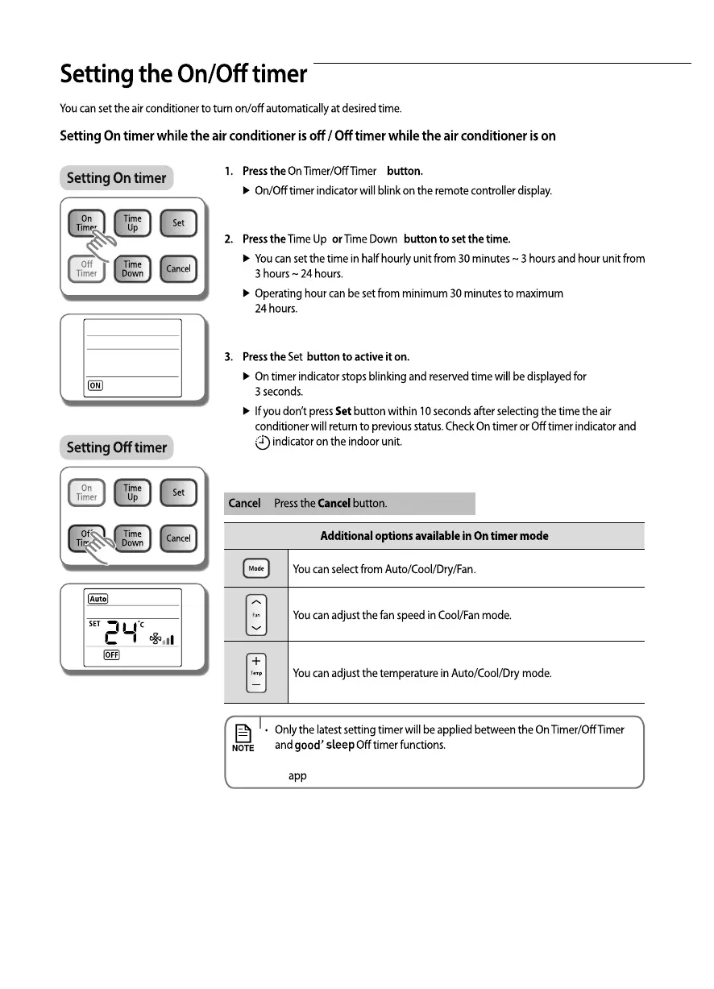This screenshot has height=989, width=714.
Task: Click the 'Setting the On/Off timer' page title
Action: tap(184, 75)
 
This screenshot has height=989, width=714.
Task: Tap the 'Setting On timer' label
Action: tap(116, 178)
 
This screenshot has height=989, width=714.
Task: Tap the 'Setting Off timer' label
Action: tap(116, 447)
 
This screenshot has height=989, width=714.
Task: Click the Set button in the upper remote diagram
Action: tap(178, 223)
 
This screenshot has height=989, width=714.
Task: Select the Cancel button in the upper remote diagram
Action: tap(178, 268)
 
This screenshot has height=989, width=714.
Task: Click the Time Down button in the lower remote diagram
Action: tap(132, 538)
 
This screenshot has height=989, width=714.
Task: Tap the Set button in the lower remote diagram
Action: tap(178, 492)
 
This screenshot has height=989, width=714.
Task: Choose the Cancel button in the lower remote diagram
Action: tap(178, 538)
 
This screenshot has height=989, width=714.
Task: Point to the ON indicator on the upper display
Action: tap(95, 385)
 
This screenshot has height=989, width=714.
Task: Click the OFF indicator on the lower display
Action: tap(111, 654)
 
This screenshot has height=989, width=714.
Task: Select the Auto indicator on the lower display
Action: tap(98, 599)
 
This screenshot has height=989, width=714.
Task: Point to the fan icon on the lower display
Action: tap(156, 639)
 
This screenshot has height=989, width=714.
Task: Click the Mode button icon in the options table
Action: tap(256, 568)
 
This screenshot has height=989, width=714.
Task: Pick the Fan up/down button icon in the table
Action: tap(256, 614)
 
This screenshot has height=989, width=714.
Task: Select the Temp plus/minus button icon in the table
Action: tap(256, 672)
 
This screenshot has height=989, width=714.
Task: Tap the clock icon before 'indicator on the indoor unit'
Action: tap(263, 442)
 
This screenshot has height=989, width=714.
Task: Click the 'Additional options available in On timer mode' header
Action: tap(434, 536)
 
